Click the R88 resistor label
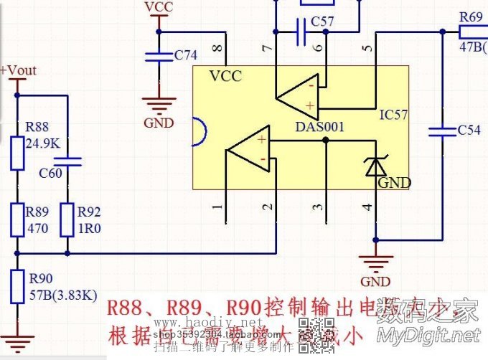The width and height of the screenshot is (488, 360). [37, 127]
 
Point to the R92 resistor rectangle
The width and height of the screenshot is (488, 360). [67, 219]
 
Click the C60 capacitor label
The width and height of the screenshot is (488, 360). [50, 174]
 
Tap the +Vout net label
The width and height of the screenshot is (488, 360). [19, 70]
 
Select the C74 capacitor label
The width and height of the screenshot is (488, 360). [186, 55]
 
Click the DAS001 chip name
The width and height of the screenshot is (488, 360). [320, 127]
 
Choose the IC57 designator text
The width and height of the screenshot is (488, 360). [395, 114]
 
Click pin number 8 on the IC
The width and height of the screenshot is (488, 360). [219, 49]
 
